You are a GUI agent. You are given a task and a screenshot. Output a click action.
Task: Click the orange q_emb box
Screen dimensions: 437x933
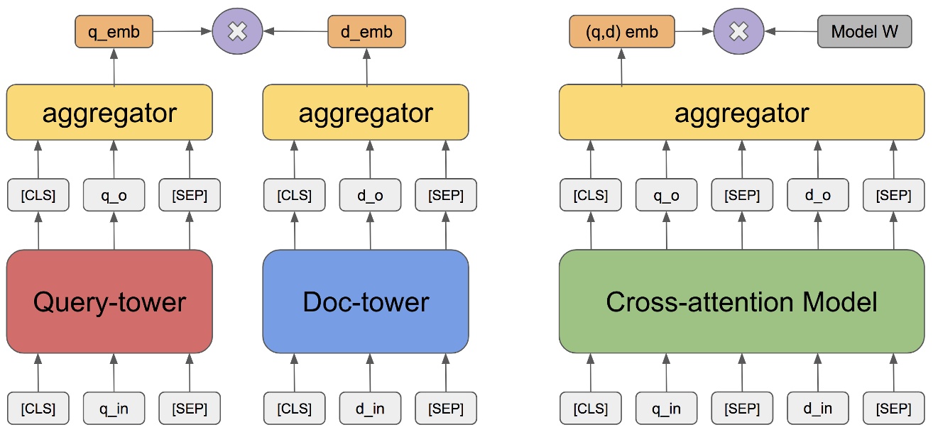(x=114, y=32)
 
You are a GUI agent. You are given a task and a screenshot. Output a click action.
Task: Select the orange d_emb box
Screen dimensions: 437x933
(x=366, y=32)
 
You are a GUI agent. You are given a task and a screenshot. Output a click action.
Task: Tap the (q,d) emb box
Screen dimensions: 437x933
(x=622, y=32)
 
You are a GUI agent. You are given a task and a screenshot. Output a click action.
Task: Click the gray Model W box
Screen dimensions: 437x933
(x=864, y=32)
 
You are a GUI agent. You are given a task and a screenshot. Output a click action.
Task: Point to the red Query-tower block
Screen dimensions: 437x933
(x=109, y=302)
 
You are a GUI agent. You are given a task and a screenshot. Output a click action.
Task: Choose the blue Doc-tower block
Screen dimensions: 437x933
(x=366, y=302)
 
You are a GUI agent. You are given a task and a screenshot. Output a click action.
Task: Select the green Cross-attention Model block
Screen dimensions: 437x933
(x=741, y=302)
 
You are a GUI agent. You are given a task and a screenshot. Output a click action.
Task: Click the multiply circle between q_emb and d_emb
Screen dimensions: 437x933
(x=238, y=32)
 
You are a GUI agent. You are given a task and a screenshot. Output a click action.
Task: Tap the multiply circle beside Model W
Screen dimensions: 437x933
(x=738, y=32)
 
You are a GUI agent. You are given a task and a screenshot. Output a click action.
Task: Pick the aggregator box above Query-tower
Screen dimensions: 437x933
(x=109, y=113)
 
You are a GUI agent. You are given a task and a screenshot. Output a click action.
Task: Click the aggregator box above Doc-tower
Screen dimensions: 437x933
(x=366, y=113)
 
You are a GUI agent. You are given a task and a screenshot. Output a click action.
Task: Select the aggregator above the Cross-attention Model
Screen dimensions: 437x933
(x=741, y=113)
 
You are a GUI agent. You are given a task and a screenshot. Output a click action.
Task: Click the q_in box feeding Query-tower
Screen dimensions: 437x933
(x=114, y=409)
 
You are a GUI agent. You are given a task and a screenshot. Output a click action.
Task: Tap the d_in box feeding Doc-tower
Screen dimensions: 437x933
(x=370, y=409)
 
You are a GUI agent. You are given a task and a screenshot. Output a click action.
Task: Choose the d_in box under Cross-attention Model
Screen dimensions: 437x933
(x=818, y=409)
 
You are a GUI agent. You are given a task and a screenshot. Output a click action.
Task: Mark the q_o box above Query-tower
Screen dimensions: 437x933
(x=114, y=196)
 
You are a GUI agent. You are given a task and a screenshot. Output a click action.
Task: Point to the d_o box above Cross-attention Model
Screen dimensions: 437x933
(x=818, y=196)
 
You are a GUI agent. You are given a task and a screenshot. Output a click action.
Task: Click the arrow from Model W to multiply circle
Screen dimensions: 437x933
(x=790, y=32)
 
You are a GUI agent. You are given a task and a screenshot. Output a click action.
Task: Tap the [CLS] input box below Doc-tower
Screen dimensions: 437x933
(x=294, y=409)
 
